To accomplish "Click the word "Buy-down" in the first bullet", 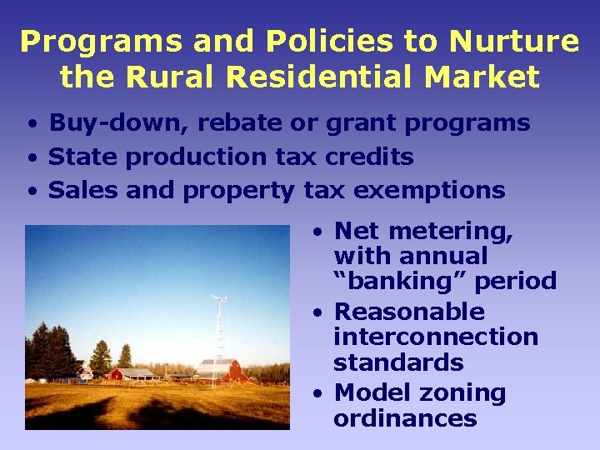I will pyautogui.click(x=117, y=123).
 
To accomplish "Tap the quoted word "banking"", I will pyautogui.click(x=400, y=281).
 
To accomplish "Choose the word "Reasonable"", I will pyautogui.click(x=408, y=312).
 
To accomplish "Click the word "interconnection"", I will pyautogui.click(x=435, y=337).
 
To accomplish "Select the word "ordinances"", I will pyautogui.click(x=405, y=417).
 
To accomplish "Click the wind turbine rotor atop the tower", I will pyautogui.click(x=220, y=297).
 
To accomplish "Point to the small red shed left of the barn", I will pyautogui.click(x=130, y=373).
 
